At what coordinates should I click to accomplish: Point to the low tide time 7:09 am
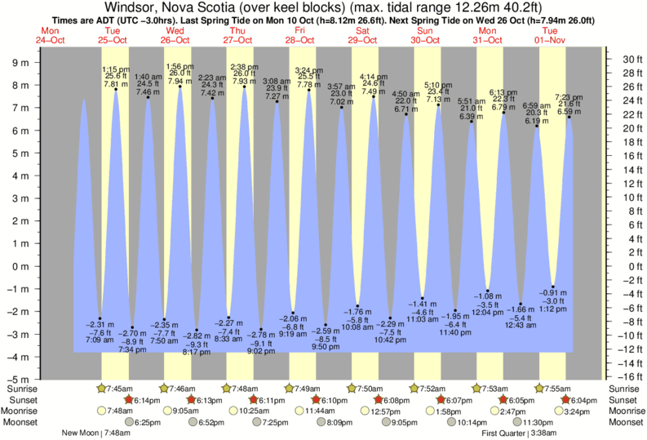100,339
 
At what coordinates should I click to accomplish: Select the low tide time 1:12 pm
552,310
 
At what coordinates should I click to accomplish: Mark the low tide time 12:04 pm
488,313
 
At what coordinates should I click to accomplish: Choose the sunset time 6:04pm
587,400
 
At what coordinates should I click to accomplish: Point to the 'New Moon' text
79,433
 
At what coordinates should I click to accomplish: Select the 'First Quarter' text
506,433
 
